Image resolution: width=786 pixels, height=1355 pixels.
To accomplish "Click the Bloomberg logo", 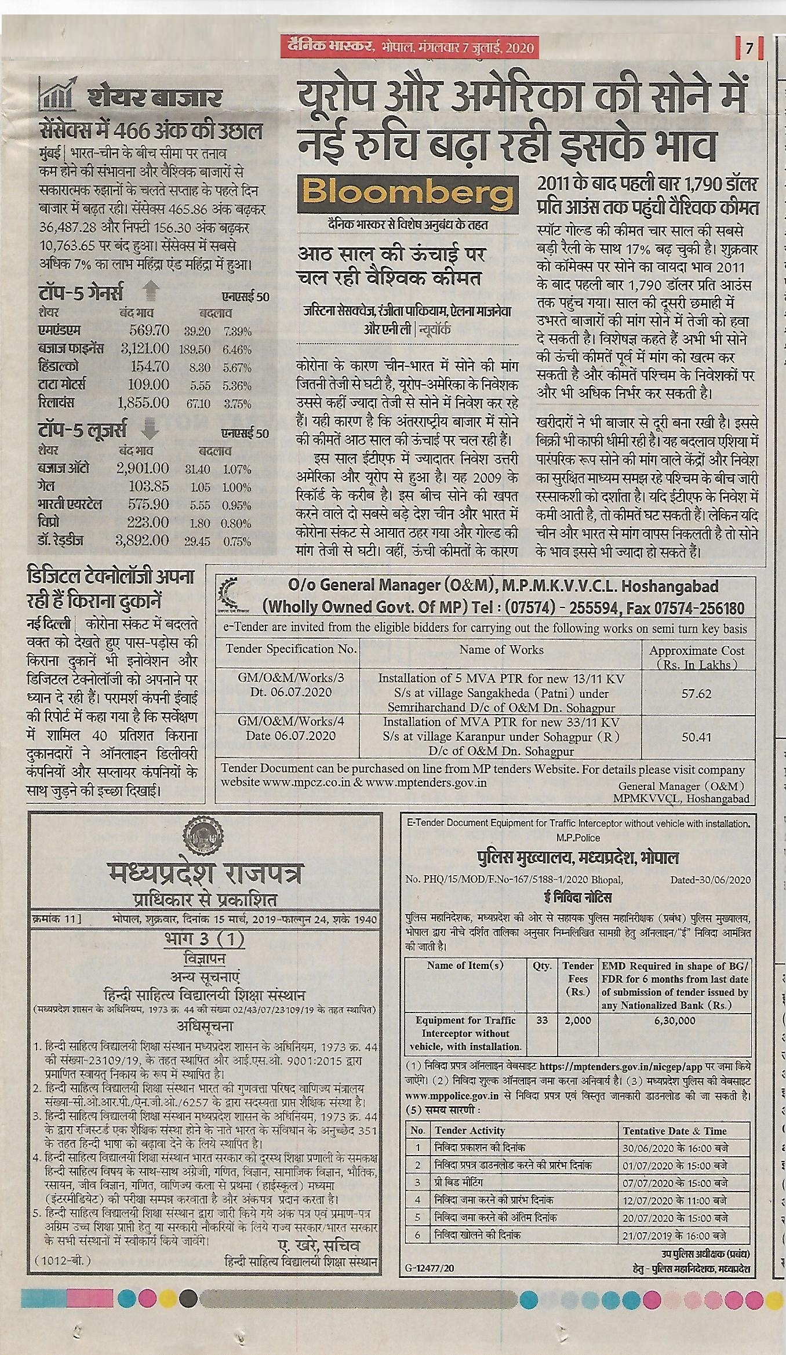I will point(407,192).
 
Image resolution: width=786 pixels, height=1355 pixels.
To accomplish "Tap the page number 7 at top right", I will point(749,49).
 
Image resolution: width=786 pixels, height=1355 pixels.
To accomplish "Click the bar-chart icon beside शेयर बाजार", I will point(57,94).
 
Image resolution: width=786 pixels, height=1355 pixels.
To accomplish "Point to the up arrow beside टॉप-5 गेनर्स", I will point(151,290).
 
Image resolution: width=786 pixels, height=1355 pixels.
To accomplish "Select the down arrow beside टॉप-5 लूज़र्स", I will point(150,429).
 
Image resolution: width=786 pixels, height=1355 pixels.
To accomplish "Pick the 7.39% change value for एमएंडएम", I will point(237,332).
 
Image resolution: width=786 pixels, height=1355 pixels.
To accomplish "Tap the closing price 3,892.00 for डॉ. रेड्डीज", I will point(142,541).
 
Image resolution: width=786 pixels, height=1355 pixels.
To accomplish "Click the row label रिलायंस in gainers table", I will point(56,403).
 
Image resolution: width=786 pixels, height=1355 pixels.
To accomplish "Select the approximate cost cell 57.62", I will point(696,693).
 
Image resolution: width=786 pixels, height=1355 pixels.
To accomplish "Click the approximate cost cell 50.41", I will point(696,737).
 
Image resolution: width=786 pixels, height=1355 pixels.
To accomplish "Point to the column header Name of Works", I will point(501,650).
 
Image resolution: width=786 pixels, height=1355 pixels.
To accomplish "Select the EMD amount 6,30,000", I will point(675,1020).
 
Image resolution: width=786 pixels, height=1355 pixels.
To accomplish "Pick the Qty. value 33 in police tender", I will point(542,1020).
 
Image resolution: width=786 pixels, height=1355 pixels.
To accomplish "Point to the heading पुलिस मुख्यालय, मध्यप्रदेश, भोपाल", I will point(577,858).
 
